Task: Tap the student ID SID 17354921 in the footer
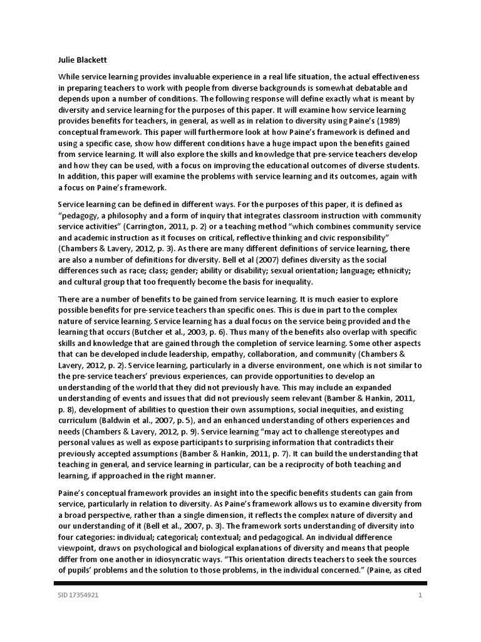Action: point(75,595)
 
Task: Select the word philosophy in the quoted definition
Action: point(140,214)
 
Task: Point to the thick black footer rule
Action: point(240,583)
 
